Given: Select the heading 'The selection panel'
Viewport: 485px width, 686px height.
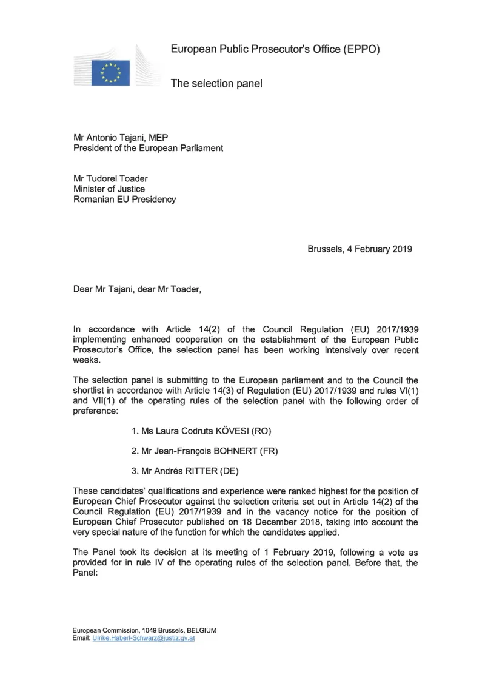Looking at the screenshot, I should pos(216,84).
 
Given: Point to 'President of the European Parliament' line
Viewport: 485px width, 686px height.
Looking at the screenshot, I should pos(148,149).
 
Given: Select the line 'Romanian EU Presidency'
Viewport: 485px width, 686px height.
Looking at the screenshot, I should pos(124,199).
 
